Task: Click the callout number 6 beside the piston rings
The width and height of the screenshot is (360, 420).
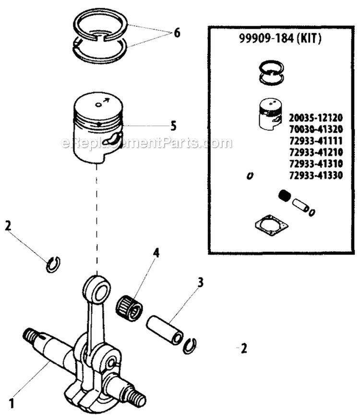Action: point(177,33)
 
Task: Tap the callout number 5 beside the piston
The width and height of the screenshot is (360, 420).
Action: point(174,126)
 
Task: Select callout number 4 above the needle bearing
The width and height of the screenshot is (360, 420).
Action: point(156,253)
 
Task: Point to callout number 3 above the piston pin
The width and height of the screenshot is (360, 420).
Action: point(200,282)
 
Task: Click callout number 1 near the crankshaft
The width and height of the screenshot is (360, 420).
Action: point(11,404)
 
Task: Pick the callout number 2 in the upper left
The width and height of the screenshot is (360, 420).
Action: point(8,226)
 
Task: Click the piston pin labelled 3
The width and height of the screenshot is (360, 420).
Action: point(165,330)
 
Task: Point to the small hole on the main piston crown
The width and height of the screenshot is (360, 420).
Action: point(99,105)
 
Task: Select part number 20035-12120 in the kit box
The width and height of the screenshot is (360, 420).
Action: point(316,117)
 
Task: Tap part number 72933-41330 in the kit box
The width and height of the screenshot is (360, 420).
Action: point(316,175)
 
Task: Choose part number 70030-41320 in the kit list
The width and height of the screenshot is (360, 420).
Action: point(316,129)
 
